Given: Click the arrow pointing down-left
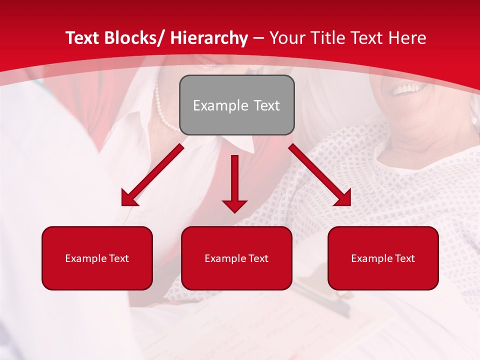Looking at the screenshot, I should point(152,175).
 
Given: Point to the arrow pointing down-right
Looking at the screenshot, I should point(320,175).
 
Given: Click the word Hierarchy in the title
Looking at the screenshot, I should point(209,38).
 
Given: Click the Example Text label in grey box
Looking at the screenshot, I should point(236,105).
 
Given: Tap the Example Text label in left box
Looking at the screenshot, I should point(97,258).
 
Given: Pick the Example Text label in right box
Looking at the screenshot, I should point(383,258).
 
